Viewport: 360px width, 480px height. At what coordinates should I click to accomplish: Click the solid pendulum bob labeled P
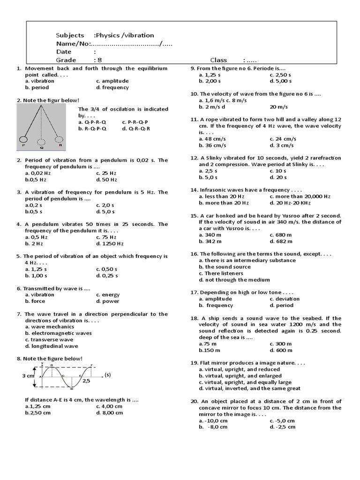pos(22,139)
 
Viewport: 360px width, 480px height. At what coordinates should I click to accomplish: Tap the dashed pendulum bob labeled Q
pos(42,142)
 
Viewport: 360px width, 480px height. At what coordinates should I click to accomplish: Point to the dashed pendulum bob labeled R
pos(59,139)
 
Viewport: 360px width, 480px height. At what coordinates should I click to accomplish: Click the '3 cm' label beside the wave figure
pos(28,376)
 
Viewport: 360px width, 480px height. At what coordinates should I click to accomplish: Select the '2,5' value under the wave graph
pos(86,381)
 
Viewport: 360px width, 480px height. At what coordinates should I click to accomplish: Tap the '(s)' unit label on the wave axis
pos(107,375)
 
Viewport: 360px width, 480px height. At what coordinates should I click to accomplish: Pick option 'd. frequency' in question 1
pos(112,87)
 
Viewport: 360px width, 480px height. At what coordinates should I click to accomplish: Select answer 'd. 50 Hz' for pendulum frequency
pos(106,180)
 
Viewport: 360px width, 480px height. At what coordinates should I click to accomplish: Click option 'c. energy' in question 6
pos(108,295)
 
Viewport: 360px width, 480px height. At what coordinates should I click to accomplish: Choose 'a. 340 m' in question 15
pos(210,235)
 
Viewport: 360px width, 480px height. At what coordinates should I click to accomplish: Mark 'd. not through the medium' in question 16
pos(234,280)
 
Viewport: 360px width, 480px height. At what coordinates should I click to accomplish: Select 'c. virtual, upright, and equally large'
pos(245,382)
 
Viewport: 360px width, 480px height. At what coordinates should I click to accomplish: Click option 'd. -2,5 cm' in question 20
pos(283,427)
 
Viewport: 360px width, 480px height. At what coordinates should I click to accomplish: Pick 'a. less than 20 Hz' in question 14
pos(222,196)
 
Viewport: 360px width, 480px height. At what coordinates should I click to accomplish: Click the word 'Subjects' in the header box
pos(70,35)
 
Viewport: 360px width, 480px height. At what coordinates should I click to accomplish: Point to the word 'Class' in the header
pos(219,60)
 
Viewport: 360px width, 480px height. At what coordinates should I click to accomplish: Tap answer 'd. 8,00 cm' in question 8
pos(110,412)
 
